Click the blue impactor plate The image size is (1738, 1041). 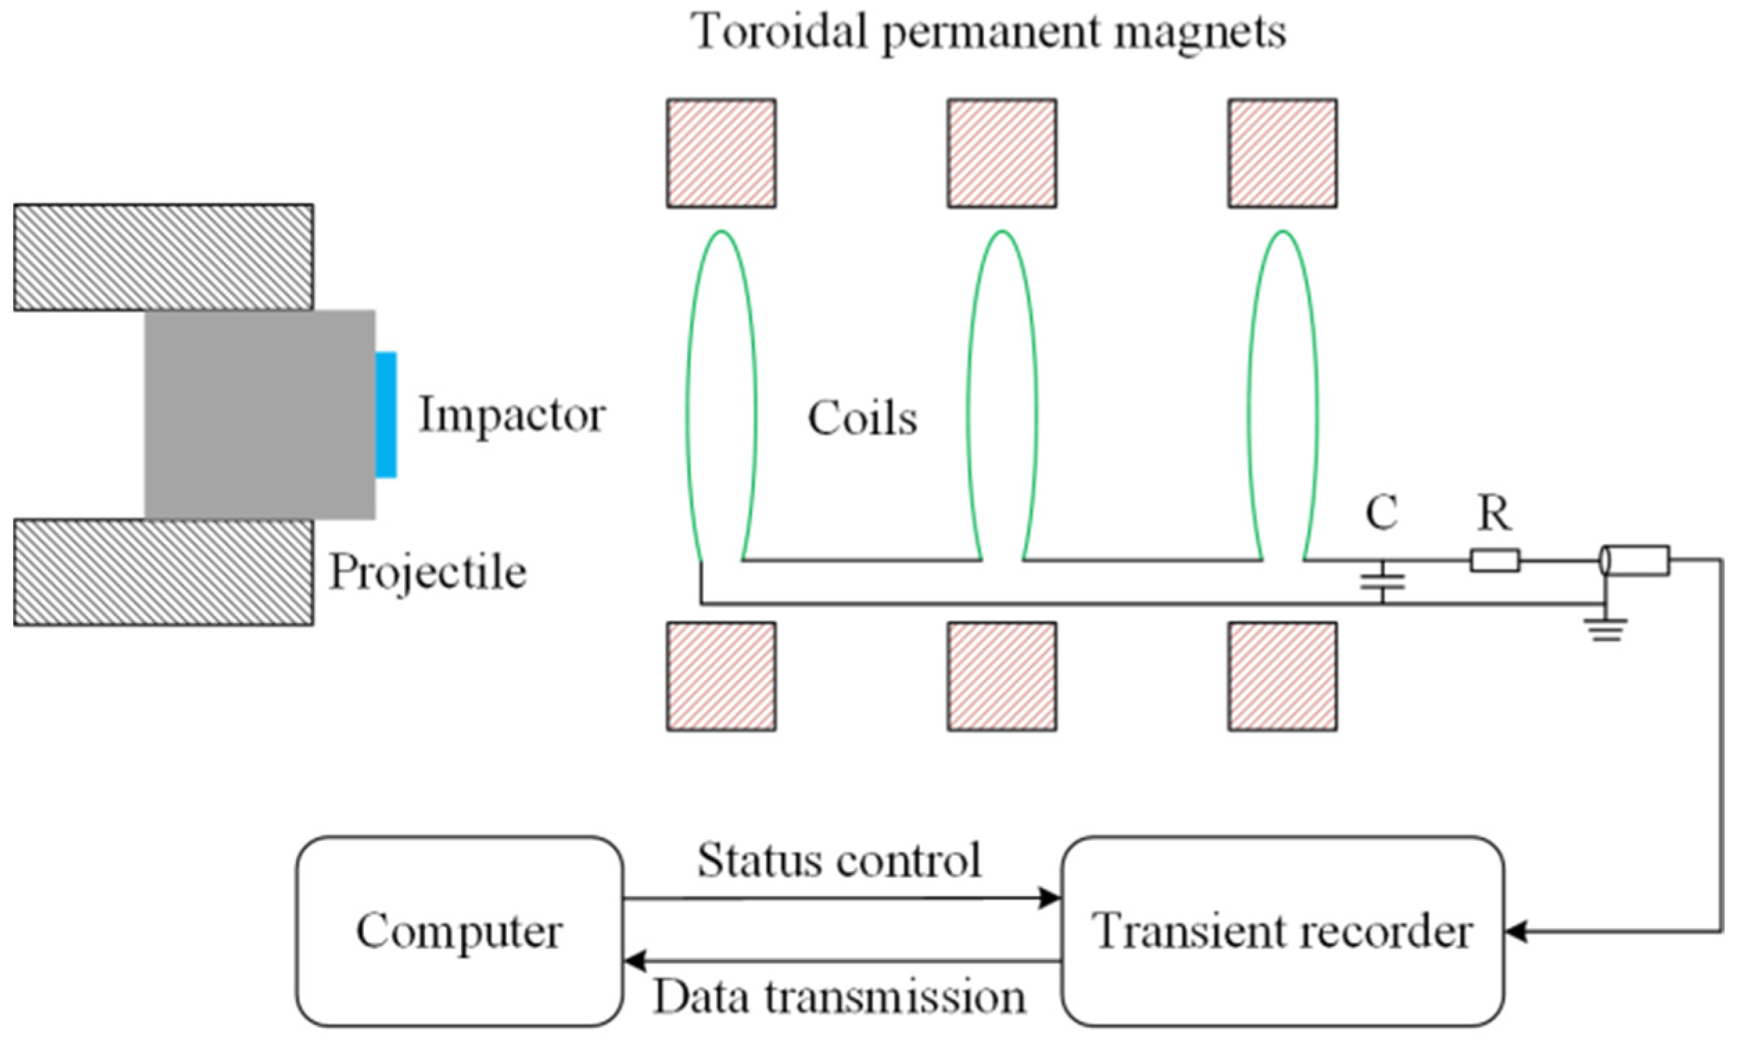[386, 414]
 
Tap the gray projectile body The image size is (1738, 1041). [259, 414]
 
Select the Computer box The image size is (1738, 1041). [459, 931]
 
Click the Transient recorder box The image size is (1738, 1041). [1283, 931]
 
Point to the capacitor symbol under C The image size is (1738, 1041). [1382, 581]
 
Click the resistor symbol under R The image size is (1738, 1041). [1495, 561]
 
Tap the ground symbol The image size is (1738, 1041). [1607, 629]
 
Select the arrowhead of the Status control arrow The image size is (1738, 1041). [1050, 898]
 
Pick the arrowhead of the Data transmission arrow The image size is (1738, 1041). [634, 961]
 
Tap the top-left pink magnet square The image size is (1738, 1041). [721, 153]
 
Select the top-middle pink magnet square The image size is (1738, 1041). [1002, 153]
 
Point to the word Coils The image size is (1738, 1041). [862, 419]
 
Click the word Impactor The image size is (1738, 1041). [512, 414]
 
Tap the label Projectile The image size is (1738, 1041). [428, 572]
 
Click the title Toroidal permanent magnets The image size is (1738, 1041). [989, 32]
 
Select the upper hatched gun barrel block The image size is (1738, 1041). [163, 256]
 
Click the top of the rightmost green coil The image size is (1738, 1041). [1283, 232]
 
